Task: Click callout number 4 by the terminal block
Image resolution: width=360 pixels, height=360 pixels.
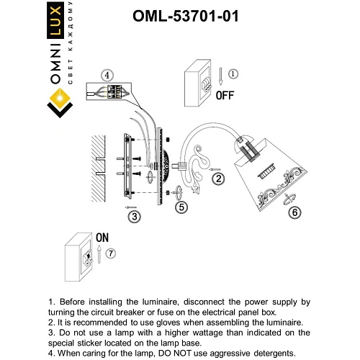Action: tap(107, 75)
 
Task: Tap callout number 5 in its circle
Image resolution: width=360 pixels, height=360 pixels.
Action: tap(182, 207)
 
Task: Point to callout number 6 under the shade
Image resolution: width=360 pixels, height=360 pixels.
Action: tap(293, 212)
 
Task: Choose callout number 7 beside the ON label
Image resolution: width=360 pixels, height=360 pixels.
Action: tap(110, 254)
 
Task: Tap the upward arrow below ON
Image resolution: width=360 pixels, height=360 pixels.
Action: tap(98, 253)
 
